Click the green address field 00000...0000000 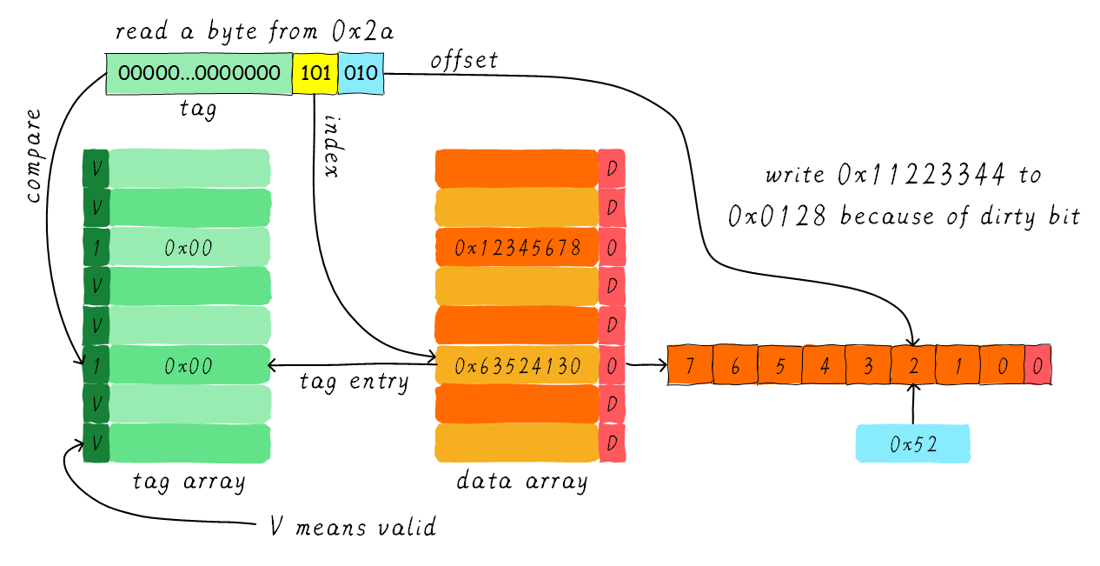click(199, 73)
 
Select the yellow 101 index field click(315, 73)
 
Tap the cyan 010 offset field click(361, 73)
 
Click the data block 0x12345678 click(517, 247)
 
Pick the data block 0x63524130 click(517, 365)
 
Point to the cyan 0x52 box click(913, 443)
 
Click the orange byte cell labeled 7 click(690, 365)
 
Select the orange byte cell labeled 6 click(735, 365)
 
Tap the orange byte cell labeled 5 click(780, 365)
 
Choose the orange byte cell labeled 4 click(825, 365)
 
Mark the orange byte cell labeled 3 click(869, 365)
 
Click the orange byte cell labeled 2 click(914, 365)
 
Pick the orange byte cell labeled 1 click(958, 365)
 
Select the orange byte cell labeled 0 click(1003, 365)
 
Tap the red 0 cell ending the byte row click(1037, 365)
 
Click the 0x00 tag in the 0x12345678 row click(189, 248)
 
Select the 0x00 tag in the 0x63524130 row click(189, 365)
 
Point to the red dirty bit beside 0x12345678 click(612, 248)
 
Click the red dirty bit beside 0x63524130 click(612, 365)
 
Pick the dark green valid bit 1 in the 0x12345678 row click(96, 248)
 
